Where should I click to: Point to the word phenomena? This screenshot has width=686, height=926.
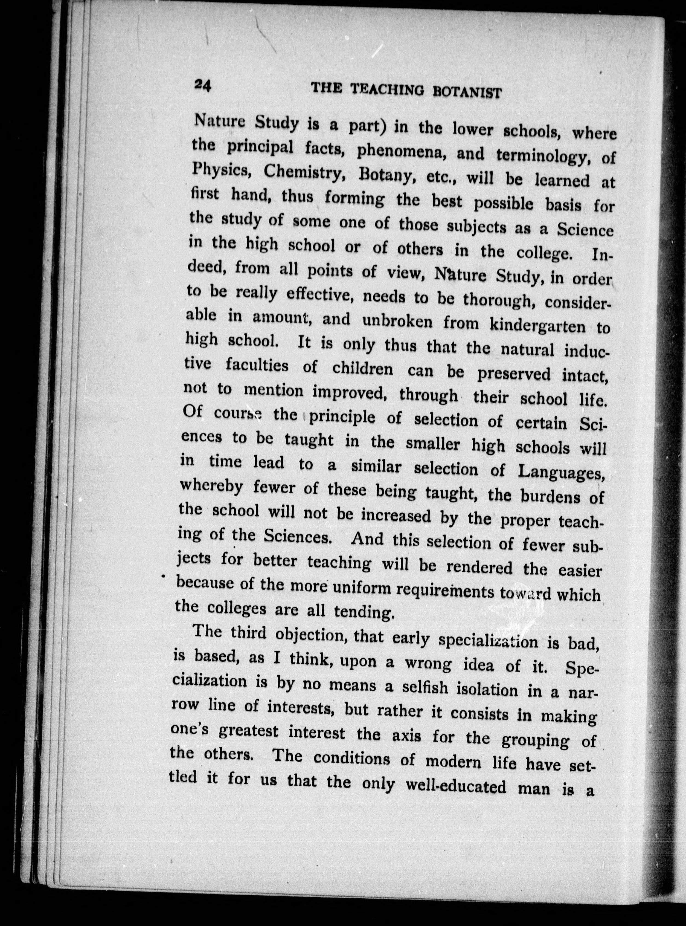[x=401, y=152]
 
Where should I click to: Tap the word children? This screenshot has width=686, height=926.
[x=362, y=369]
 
